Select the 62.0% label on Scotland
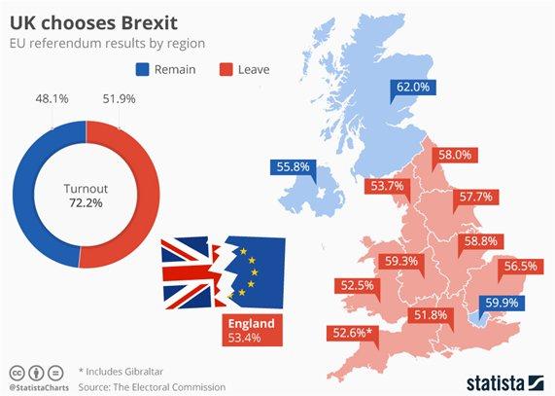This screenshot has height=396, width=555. (x=412, y=88)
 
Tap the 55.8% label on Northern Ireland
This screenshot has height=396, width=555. (x=293, y=166)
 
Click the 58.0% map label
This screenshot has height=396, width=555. (x=455, y=154)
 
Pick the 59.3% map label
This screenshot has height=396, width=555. (x=400, y=261)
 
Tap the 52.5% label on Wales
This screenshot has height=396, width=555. (x=358, y=285)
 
